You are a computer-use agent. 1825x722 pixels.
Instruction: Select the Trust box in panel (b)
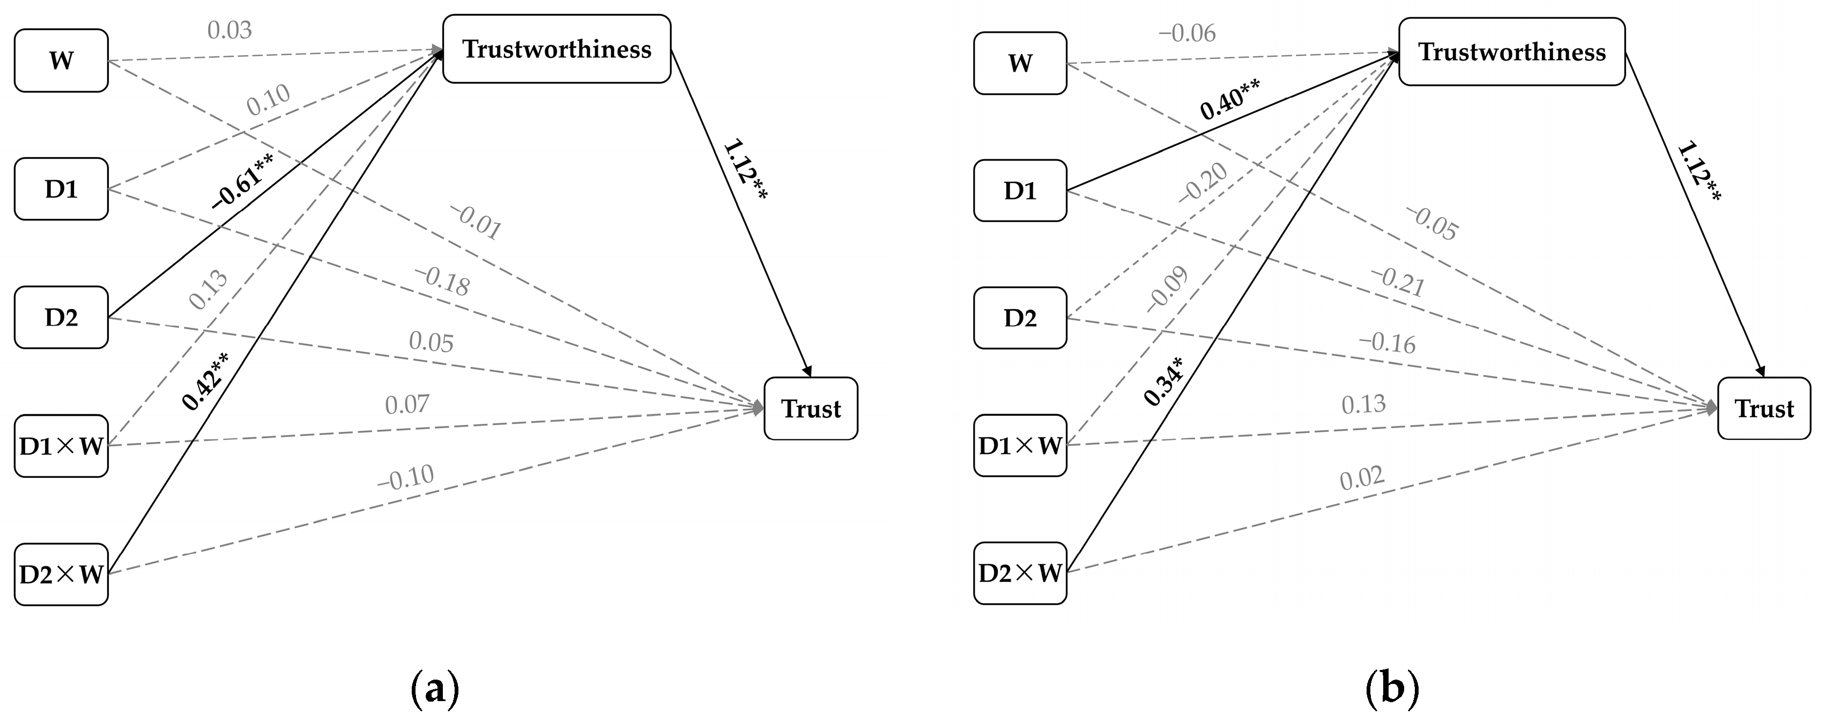1763,409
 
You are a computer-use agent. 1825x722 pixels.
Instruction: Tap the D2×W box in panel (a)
61,574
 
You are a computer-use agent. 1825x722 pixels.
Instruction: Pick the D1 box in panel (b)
1020,190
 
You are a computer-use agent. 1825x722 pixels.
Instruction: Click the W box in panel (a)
61,60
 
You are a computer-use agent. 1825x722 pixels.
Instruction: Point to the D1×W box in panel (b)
1020,446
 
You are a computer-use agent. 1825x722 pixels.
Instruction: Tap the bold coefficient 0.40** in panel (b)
1229,100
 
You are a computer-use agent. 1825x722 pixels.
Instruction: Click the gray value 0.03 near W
229,31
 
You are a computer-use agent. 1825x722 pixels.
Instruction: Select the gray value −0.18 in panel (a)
442,281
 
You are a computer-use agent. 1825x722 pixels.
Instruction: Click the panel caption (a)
435,689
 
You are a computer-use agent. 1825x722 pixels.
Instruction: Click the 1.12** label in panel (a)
745,171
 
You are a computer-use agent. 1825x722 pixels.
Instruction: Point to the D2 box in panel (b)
1020,318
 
